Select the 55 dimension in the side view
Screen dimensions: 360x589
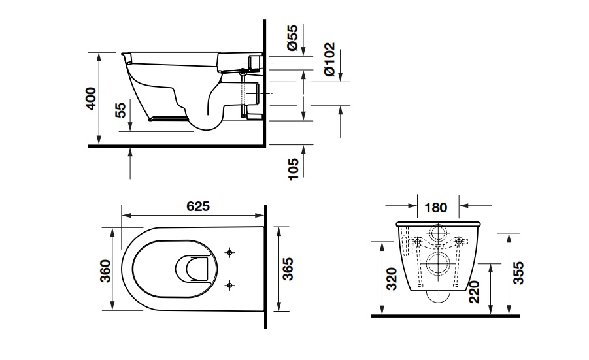pos(120,109)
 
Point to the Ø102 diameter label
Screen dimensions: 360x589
pos(329,59)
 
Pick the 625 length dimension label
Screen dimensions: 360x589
pos(198,206)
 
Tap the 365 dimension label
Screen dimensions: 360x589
pos(289,269)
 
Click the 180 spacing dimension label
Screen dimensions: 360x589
pos(436,208)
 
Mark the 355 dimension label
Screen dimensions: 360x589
pos(517,272)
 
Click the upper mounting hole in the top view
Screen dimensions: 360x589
pos(229,252)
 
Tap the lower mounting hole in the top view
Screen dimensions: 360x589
pos(229,284)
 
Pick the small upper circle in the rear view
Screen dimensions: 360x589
pos(437,233)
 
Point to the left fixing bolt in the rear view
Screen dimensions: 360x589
pos(415,242)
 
